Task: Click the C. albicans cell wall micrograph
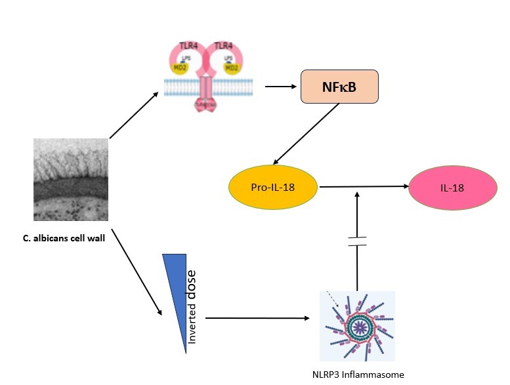(x=71, y=179)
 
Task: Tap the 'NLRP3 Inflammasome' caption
(x=358, y=374)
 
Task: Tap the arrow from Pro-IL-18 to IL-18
(x=360, y=188)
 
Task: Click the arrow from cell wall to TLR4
(x=135, y=116)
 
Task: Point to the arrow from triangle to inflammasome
(x=257, y=319)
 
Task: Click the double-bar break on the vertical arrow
(x=357, y=240)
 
